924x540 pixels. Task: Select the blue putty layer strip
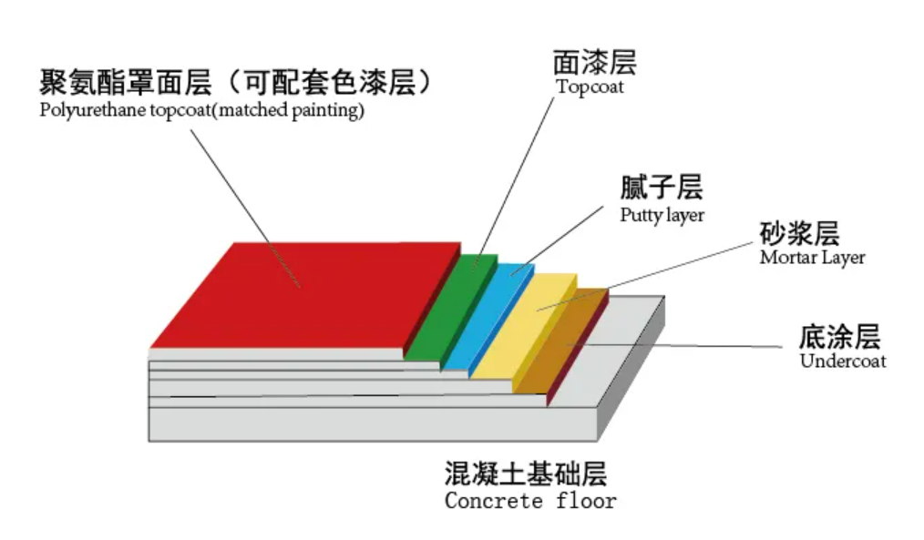tap(488, 317)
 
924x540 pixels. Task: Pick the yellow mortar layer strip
tap(523, 327)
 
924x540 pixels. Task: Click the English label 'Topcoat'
tap(590, 87)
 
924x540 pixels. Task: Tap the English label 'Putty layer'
tap(662, 215)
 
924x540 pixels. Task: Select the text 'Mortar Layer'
tap(812, 258)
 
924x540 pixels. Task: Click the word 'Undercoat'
tap(843, 361)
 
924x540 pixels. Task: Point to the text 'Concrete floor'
tap(530, 501)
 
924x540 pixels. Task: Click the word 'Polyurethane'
tap(93, 111)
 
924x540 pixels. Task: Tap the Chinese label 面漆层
tap(595, 63)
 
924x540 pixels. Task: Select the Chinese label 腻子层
tap(662, 188)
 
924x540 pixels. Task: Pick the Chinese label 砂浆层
tap(800, 233)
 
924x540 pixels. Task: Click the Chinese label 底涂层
tap(840, 337)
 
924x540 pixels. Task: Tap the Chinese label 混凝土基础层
tap(526, 474)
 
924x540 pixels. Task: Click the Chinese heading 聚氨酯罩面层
tap(126, 82)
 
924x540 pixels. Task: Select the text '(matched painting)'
tap(288, 111)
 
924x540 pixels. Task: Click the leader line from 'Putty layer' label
tap(558, 240)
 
